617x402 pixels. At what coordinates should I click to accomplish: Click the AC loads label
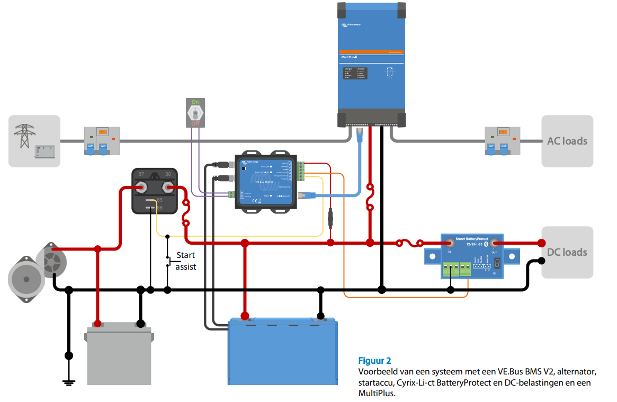tap(567, 141)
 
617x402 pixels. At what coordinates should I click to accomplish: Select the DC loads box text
tap(567, 252)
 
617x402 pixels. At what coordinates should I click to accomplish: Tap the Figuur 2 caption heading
tap(375, 361)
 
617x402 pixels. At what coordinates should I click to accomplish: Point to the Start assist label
tap(185, 261)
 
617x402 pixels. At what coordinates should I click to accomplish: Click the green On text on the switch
tap(195, 102)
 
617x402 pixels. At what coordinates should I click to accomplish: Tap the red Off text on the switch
tap(195, 123)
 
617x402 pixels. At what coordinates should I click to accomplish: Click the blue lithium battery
tap(282, 352)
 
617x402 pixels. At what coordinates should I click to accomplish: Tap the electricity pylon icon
tap(24, 136)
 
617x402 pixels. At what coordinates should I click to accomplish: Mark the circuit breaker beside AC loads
tap(501, 141)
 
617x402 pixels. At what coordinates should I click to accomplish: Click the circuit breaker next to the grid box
tap(102, 141)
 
